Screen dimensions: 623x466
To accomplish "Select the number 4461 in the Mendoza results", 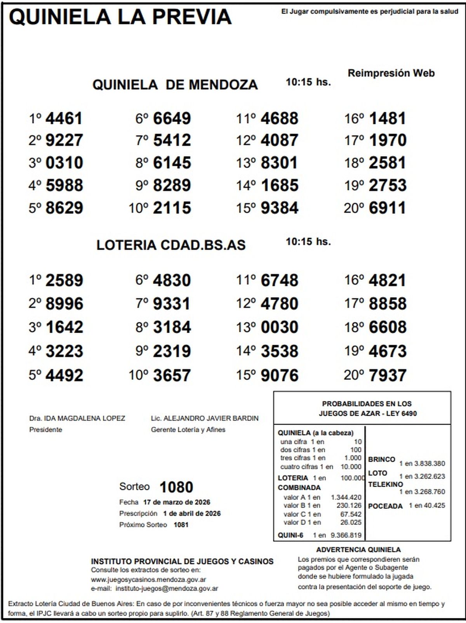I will pyautogui.click(x=64, y=118).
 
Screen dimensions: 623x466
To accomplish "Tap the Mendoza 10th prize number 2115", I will pyautogui.click(x=172, y=208).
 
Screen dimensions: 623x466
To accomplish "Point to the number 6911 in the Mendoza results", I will pyautogui.click(x=387, y=208).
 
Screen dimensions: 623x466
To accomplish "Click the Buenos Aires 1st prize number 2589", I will pyautogui.click(x=64, y=280).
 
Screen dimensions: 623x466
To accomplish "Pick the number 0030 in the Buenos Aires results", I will pyautogui.click(x=280, y=327).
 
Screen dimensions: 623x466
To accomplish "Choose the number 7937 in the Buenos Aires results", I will pyautogui.click(x=387, y=375).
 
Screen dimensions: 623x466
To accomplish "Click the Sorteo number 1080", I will pyautogui.click(x=176, y=487).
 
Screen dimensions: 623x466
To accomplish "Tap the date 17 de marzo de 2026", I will pyautogui.click(x=177, y=502).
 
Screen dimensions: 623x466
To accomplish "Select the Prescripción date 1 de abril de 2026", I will pyautogui.click(x=192, y=513).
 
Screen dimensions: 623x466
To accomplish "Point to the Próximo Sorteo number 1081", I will pyautogui.click(x=181, y=525).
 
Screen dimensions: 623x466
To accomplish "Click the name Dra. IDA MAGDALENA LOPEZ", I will pyautogui.click(x=77, y=418).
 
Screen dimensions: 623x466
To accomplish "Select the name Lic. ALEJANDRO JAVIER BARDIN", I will pyautogui.click(x=205, y=418).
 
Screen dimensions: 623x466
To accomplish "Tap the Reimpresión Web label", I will pyautogui.click(x=391, y=73).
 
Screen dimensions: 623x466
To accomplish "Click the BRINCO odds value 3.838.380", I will pyautogui.click(x=429, y=463).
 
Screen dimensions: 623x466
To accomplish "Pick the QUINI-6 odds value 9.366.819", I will pyautogui.click(x=346, y=535).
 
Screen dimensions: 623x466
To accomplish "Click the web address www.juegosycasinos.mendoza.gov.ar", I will pyautogui.click(x=148, y=580).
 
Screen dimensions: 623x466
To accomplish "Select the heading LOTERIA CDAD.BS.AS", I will pyautogui.click(x=171, y=245).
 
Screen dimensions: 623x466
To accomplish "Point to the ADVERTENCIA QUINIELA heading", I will pyautogui.click(x=358, y=550).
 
